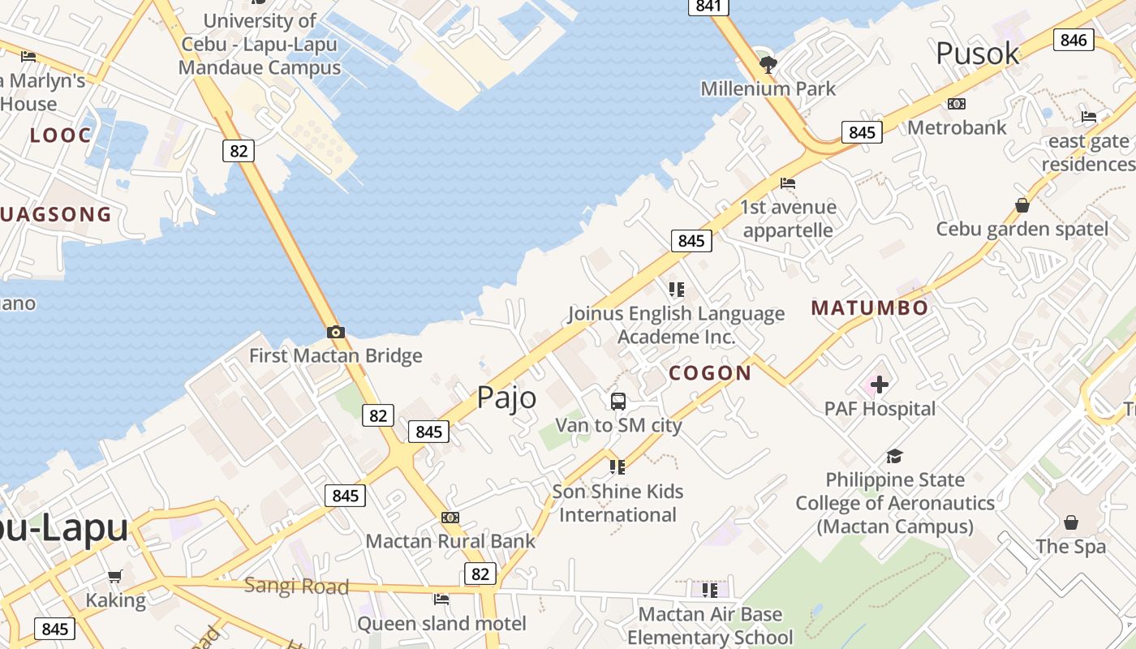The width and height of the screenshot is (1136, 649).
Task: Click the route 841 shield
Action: click(708, 6)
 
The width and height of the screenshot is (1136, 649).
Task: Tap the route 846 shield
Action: click(1074, 40)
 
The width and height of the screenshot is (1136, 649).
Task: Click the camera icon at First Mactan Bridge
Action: click(336, 332)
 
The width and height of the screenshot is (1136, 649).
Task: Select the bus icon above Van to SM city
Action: click(618, 401)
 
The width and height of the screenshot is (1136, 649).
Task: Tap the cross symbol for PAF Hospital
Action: click(880, 385)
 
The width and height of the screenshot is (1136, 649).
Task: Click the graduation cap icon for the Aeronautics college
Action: click(894, 456)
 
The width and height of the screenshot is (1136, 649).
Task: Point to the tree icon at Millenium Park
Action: click(767, 64)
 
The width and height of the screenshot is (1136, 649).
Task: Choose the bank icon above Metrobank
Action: click(957, 104)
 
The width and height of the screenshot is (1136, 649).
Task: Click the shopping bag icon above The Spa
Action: click(1071, 522)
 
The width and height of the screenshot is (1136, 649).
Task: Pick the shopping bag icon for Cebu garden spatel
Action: click(1022, 205)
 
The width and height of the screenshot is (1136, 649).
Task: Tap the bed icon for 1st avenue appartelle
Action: click(788, 183)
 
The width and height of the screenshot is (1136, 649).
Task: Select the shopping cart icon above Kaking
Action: click(115, 576)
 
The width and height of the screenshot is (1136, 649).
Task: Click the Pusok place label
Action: click(977, 54)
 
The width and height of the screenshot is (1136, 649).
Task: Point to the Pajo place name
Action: click(506, 398)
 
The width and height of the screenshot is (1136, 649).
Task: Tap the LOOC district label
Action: click(61, 135)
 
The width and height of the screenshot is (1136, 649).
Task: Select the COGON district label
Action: click(710, 373)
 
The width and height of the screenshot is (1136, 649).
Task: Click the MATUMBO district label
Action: click(869, 308)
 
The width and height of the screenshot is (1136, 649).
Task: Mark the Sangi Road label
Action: click(296, 586)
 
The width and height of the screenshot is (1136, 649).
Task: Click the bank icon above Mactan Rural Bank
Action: click(450, 518)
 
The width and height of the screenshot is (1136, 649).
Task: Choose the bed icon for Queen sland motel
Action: click(441, 600)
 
